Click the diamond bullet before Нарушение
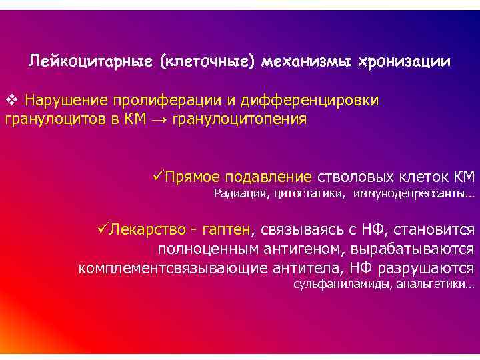pyautogui.click(x=10, y=101)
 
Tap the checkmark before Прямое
pyautogui.click(x=158, y=177)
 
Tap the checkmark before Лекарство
pyautogui.click(x=103, y=230)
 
